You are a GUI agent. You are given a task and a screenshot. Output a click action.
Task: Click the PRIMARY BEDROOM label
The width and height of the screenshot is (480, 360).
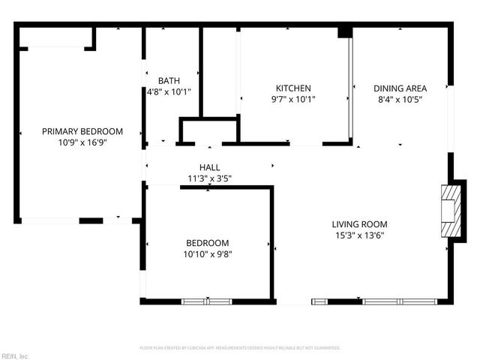pos(82,131)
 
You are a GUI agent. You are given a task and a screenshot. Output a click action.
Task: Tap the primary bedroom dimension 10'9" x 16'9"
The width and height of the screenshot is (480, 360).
pos(82,142)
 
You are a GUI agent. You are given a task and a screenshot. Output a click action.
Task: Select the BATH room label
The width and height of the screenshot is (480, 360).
pos(169,81)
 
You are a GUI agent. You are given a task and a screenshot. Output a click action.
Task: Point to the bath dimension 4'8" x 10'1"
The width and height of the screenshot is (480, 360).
pos(169,92)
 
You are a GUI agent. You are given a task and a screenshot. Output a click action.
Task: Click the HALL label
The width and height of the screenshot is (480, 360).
pos(209,167)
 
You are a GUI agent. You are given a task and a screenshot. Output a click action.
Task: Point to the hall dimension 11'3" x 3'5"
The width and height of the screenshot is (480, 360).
pos(209,178)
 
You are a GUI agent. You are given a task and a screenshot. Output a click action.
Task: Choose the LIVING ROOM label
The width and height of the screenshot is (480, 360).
pos(359,224)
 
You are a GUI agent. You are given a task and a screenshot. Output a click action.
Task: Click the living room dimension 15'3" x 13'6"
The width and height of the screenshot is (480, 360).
pos(359,235)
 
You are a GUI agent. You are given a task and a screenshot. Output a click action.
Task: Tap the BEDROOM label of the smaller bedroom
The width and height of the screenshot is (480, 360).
pos(208,243)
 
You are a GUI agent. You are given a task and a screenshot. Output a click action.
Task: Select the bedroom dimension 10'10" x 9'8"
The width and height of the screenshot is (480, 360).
pos(208,254)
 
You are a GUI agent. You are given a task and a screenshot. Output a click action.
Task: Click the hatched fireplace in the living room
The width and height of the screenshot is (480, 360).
pos(448,212)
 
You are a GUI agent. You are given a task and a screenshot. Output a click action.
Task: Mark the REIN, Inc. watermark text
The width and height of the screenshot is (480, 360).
pos(15,355)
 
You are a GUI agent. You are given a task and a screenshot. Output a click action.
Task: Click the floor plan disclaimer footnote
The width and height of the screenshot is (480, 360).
pos(240,348)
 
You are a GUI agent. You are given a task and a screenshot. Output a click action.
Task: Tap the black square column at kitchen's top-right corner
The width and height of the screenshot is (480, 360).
pos(344,32)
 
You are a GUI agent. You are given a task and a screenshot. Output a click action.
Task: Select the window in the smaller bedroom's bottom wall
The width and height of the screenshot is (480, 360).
pos(207,301)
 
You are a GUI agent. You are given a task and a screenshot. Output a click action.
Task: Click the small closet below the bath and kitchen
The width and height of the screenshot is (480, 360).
pos(208,131)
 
